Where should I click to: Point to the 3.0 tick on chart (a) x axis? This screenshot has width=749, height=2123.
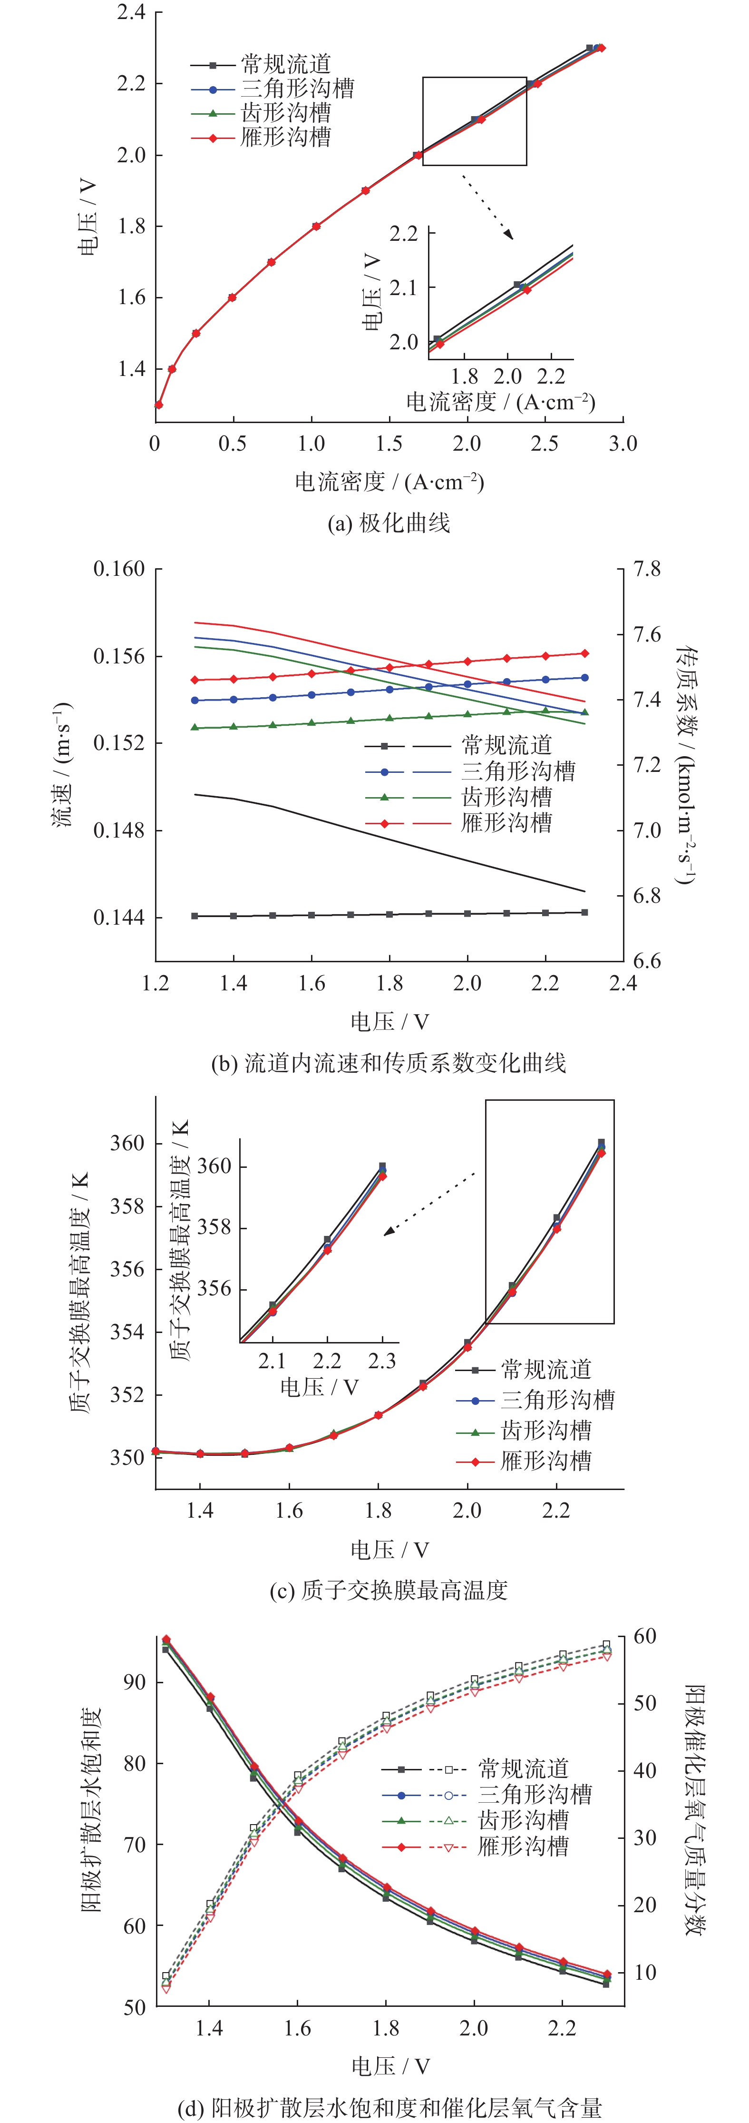point(623,444)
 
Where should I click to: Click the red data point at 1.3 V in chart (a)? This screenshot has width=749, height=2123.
point(159,405)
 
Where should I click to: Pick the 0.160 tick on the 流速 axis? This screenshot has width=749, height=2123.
point(119,569)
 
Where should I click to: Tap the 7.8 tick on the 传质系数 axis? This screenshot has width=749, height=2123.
point(647,569)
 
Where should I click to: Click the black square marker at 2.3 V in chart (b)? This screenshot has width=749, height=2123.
point(585,912)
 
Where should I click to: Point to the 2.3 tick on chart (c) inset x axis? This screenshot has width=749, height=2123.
point(382,1361)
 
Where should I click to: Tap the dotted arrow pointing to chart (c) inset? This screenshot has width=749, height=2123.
point(430,1203)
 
